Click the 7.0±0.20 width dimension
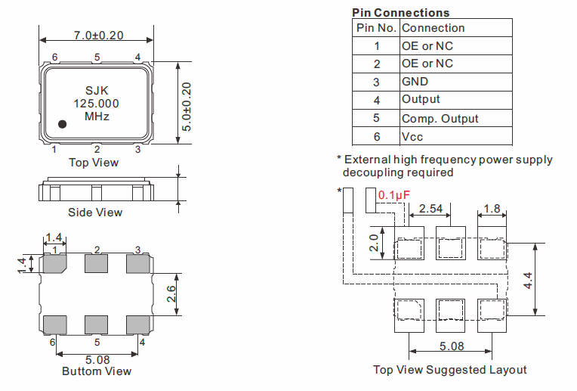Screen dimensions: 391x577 pyautogui.click(x=96, y=36)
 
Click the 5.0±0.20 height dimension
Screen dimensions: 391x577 pyautogui.click(x=187, y=102)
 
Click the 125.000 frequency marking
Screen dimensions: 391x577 pyautogui.click(x=96, y=104)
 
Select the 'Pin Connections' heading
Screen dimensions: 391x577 pyautogui.click(x=400, y=12)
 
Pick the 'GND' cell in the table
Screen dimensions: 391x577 pyautogui.click(x=415, y=82)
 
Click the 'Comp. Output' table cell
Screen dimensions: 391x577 pyautogui.click(x=440, y=118)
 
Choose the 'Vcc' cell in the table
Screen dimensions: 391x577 pyautogui.click(x=413, y=137)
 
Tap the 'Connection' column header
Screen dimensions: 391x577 pyautogui.click(x=434, y=28)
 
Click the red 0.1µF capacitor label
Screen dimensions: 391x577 pyautogui.click(x=394, y=195)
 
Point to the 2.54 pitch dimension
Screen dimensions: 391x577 pyautogui.click(x=430, y=208)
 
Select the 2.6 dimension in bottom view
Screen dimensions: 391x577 pyautogui.click(x=172, y=293)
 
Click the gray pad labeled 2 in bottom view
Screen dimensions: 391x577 pyautogui.click(x=97, y=264)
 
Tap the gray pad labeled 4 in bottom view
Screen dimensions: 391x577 pyautogui.click(x=138, y=324)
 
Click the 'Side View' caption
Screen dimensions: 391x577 pyautogui.click(x=95, y=213)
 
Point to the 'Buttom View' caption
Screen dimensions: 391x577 pyautogui.click(x=97, y=371)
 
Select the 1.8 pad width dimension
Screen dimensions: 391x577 pyautogui.click(x=491, y=208)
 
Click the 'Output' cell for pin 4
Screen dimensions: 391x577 pyautogui.click(x=421, y=100)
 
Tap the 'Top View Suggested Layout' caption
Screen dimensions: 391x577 pyautogui.click(x=450, y=370)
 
